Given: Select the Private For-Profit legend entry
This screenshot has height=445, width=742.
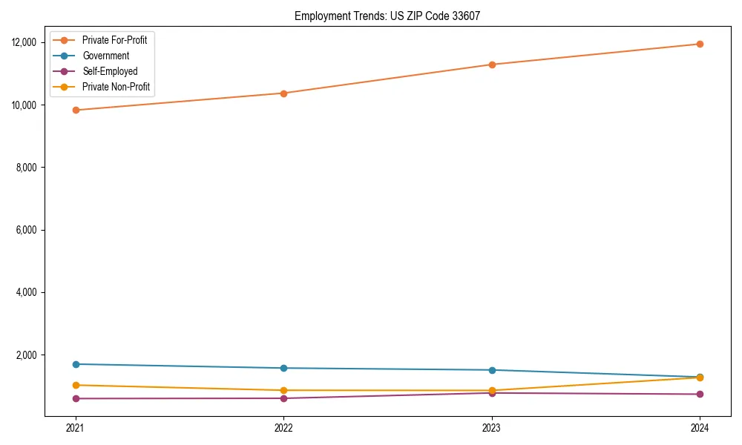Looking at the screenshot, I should tap(114, 40).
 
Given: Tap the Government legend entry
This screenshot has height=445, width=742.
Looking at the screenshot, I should tap(105, 56).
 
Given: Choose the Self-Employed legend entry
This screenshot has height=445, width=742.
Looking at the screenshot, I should tap(110, 71).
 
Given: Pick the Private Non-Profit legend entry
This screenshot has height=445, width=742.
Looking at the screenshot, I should tap(116, 87).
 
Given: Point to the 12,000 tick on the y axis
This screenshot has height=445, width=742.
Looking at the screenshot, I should tap(26, 42).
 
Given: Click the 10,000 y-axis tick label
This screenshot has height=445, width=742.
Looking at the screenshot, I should tap(26, 105).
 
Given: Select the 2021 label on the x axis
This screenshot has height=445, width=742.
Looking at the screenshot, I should tap(75, 428).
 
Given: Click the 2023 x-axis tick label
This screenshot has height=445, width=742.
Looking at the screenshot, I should tap(491, 428).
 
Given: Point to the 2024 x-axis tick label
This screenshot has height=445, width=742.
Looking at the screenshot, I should tap(699, 428).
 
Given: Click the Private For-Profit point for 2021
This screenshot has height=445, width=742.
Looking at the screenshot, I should tap(75, 110).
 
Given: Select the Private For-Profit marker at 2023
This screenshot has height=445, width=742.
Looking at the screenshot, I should tap(491, 65).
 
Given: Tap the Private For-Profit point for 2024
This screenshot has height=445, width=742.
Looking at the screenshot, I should tap(699, 44).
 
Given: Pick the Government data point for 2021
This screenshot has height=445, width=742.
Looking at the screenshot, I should tap(75, 364).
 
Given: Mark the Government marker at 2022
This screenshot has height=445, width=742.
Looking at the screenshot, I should tap(283, 368).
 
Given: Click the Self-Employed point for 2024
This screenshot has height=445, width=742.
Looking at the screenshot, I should tap(699, 394).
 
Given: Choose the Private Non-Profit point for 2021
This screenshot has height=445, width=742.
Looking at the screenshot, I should tap(75, 385).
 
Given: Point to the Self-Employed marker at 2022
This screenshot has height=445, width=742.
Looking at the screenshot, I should tap(283, 398).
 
